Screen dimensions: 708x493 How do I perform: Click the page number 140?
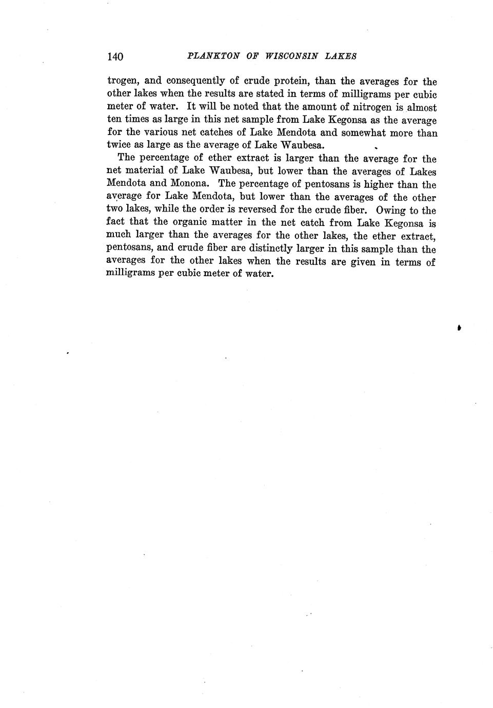[x=115, y=56]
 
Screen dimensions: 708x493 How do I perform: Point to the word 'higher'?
[x=378, y=184]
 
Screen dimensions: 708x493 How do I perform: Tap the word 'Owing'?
[x=391, y=210]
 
